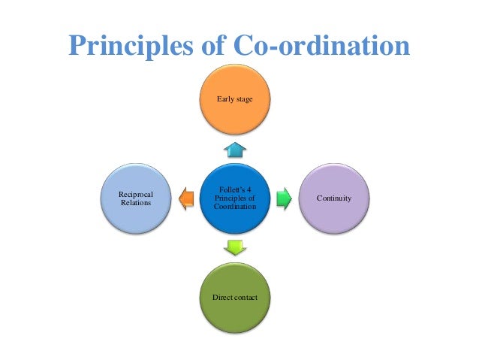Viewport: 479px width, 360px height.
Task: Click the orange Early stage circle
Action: pos(234,101)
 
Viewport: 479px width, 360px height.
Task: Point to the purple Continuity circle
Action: pos(335,198)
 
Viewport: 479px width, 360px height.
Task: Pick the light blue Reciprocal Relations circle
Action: pos(136,198)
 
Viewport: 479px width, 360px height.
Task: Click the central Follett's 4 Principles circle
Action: pos(235,198)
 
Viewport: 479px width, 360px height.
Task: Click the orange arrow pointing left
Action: pos(186,199)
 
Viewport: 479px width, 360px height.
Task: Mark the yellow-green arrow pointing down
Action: pos(235,247)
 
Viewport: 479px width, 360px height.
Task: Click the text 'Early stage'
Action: pos(234,98)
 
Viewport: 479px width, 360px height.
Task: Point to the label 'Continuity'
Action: pos(335,198)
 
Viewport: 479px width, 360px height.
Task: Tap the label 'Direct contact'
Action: pos(234,298)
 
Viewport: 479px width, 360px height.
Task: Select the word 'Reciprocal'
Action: pos(136,194)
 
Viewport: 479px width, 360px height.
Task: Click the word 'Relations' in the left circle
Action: pos(136,203)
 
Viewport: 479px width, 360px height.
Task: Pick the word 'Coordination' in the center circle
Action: pos(235,207)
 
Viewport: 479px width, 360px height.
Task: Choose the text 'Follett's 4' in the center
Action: pos(235,189)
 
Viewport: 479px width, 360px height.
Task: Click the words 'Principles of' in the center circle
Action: pos(235,198)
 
